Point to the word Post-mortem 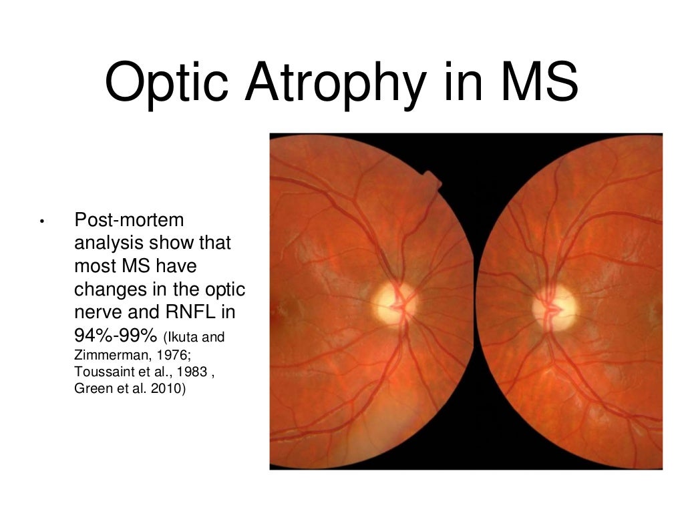pos(129,219)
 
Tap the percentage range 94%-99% pos(114,336)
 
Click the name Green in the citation pos(90,388)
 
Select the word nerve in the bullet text pos(99,313)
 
